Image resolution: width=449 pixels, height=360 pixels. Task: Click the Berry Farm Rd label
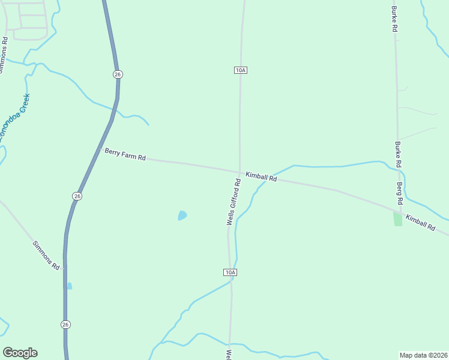click(125, 155)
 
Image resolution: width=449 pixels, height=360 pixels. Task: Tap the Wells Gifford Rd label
click(234, 202)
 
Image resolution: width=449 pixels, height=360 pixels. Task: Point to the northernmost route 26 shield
click(118, 74)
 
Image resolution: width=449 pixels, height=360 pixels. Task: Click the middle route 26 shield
click(77, 196)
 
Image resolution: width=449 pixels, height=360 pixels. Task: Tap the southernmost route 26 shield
click(65, 324)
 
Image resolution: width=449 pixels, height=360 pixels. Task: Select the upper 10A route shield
click(241, 70)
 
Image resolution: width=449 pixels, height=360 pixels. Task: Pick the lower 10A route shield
click(231, 272)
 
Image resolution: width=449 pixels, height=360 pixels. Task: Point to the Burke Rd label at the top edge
click(394, 19)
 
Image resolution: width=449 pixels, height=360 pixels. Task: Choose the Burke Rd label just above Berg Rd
click(398, 154)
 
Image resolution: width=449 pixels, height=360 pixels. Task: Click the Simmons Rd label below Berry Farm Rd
click(46, 255)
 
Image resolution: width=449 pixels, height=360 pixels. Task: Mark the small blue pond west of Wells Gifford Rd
click(182, 215)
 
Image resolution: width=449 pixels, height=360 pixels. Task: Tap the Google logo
click(20, 352)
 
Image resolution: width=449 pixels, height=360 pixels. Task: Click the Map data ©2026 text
click(423, 355)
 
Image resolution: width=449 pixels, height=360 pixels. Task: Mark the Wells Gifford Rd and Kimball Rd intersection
click(240, 173)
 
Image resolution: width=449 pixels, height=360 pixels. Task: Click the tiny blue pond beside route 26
click(69, 286)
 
